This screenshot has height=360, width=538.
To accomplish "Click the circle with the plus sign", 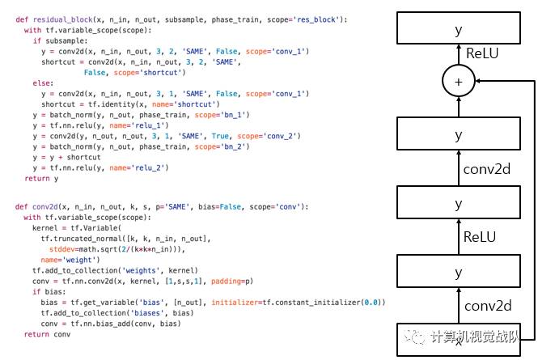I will point(459,81).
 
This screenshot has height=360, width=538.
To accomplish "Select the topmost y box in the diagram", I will point(459,29).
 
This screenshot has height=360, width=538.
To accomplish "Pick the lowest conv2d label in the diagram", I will point(487,306).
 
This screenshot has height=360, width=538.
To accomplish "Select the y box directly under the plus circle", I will point(459,134).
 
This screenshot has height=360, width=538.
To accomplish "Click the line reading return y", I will point(36,178).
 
